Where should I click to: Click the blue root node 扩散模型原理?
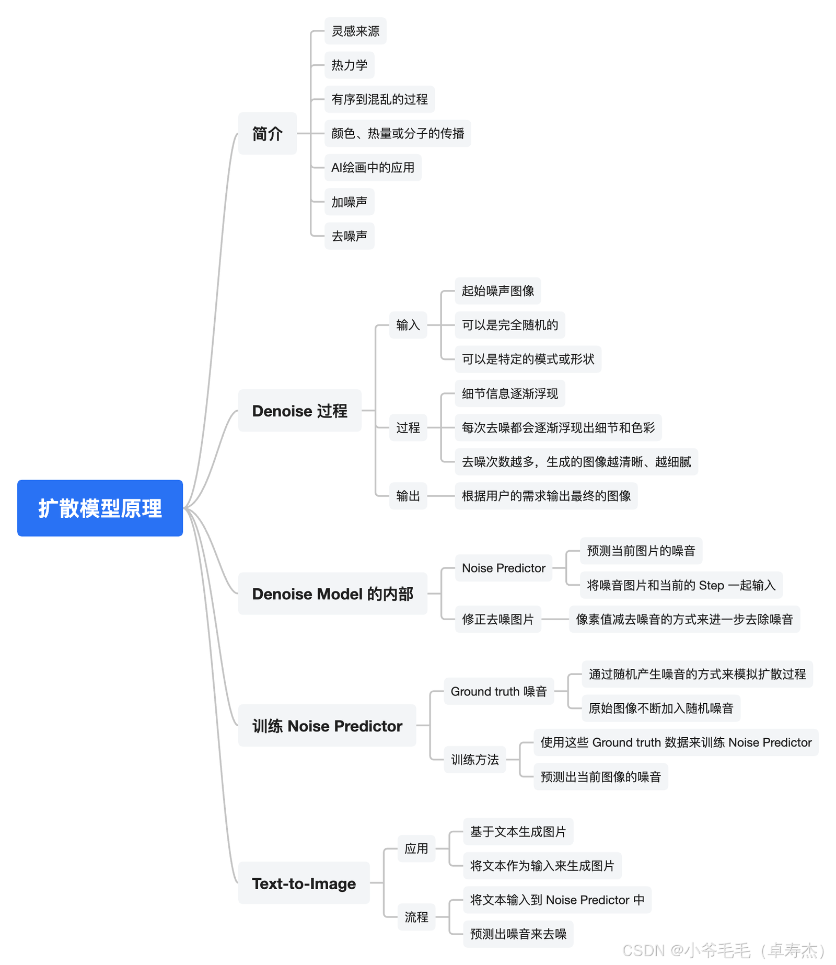(100, 508)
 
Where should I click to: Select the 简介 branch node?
(267, 133)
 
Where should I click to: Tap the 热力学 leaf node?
(349, 65)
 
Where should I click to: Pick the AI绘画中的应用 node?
(373, 168)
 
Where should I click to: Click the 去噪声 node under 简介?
(349, 236)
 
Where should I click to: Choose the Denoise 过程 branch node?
(299, 411)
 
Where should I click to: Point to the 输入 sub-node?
(408, 325)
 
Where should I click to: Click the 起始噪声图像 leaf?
(497, 291)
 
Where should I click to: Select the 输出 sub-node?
(408, 496)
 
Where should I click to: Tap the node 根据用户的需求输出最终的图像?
(546, 496)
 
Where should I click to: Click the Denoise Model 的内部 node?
(332, 594)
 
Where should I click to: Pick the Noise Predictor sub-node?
(503, 568)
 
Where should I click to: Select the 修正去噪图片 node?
(497, 619)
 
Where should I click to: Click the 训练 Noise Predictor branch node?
(327, 726)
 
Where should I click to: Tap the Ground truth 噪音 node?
(498, 691)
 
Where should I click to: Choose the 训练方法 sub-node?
(474, 760)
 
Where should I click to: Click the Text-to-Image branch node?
(304, 883)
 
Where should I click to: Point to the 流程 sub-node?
(416, 917)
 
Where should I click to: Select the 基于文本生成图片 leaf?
(518, 832)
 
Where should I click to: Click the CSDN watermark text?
(724, 950)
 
